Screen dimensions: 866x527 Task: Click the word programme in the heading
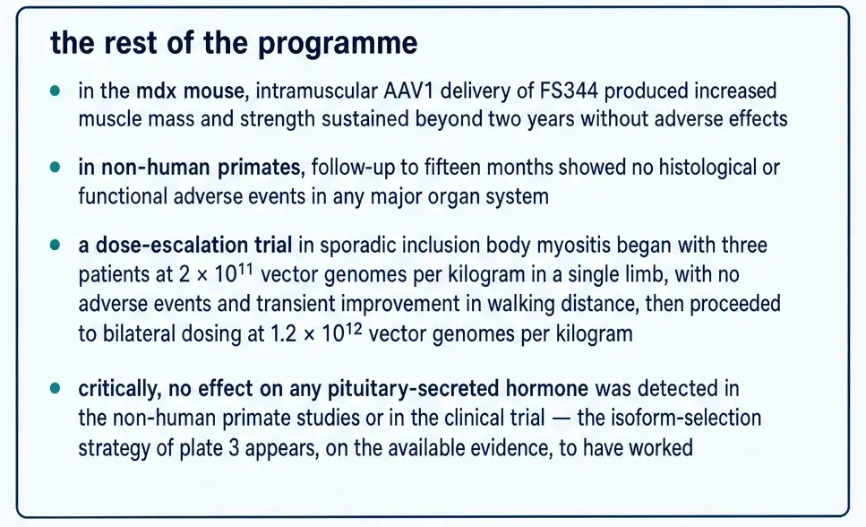338,44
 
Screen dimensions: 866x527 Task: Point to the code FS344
569,91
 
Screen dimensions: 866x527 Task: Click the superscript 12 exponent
354,329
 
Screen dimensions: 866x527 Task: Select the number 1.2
284,334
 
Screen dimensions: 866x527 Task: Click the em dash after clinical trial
562,419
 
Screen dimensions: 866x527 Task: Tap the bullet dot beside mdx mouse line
55,91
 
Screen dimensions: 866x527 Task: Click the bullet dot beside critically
55,388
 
